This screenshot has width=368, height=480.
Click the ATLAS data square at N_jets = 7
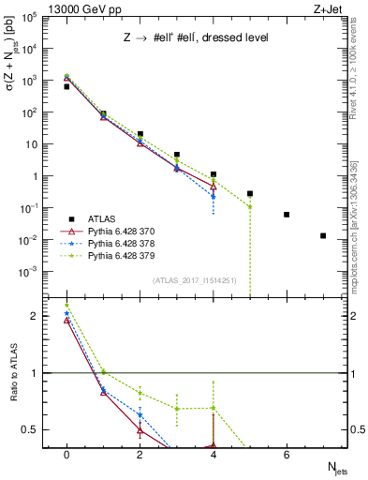tap(323, 235)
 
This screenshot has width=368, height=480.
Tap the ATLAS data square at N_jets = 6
tap(287, 215)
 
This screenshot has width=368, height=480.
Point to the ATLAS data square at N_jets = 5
tap(250, 193)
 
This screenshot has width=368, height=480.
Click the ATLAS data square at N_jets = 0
tap(66, 86)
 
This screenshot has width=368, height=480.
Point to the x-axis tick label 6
tap(287, 455)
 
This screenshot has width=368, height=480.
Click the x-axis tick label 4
tap(213, 455)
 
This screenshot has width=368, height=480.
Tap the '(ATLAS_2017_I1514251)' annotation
tap(194, 280)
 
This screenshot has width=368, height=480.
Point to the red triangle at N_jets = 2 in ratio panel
tap(140, 430)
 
